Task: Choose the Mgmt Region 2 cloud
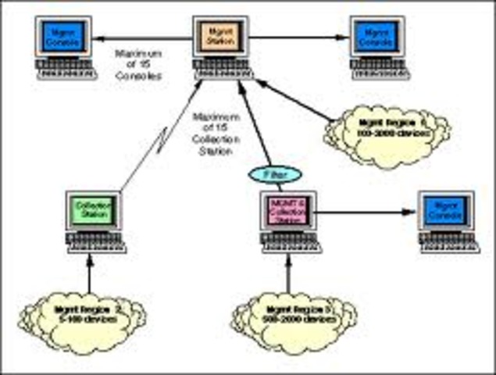[85, 313]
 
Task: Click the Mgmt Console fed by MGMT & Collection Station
[444, 211]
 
